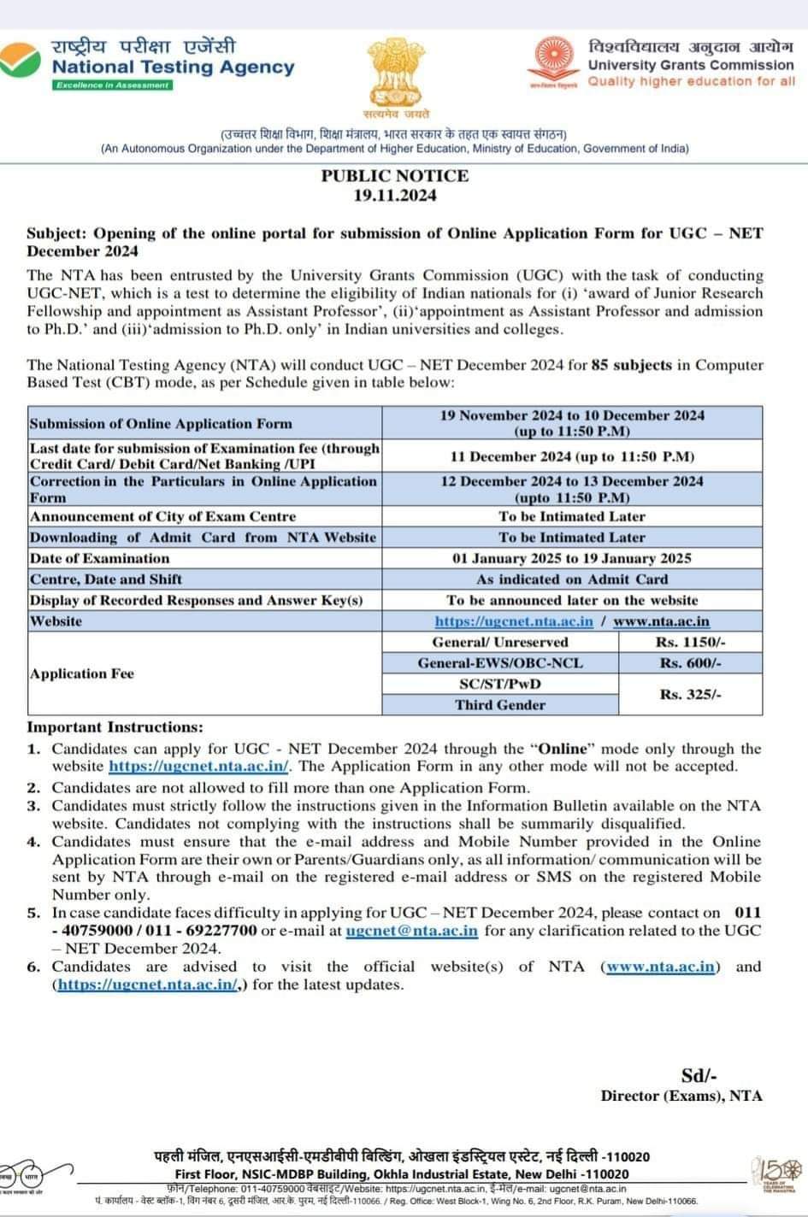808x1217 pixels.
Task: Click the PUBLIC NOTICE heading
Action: point(395,176)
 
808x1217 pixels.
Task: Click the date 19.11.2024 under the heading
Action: point(395,195)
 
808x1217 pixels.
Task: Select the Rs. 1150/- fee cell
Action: point(691,642)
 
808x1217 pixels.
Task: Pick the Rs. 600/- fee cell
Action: point(691,663)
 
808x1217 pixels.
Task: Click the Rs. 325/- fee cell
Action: point(691,695)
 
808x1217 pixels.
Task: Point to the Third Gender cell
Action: point(500,705)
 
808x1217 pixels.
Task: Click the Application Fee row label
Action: point(82,673)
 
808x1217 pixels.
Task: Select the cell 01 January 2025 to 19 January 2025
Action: point(572,558)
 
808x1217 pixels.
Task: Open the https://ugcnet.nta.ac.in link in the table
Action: point(514,621)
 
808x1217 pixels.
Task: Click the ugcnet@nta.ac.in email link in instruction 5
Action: point(412,931)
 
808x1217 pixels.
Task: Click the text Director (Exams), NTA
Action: point(681,1096)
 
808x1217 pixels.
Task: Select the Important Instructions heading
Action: point(115,727)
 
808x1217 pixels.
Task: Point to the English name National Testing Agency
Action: point(174,67)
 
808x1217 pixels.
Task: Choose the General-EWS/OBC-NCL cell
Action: point(500,663)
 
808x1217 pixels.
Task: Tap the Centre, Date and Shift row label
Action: point(106,579)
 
